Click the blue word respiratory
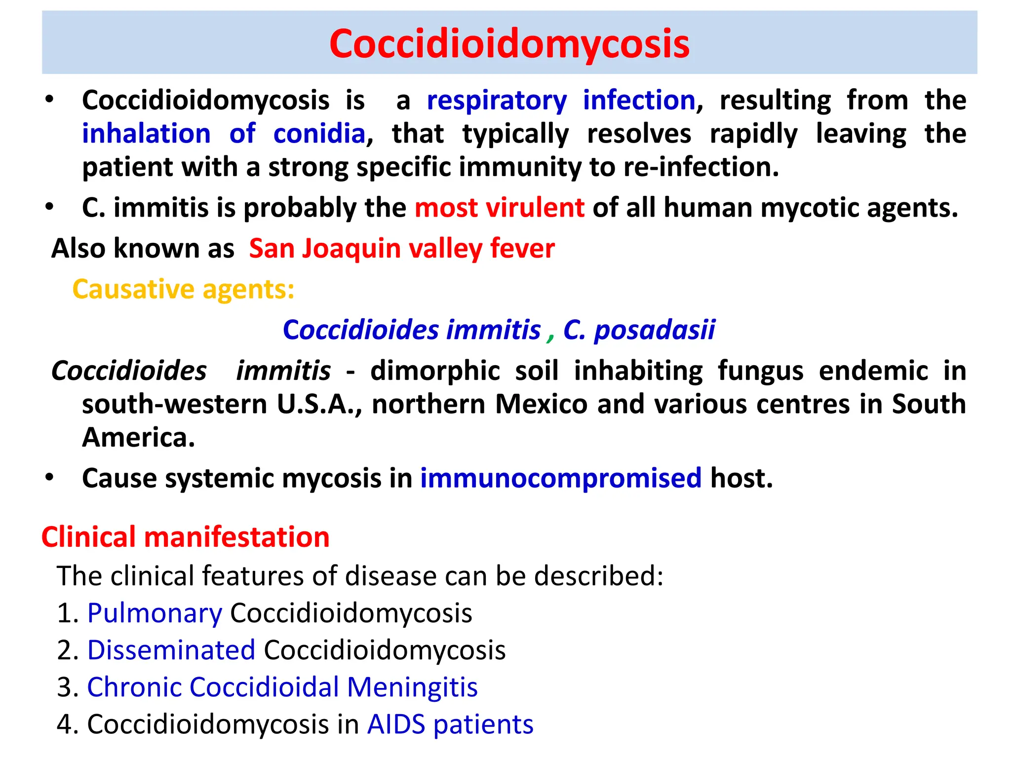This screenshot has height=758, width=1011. point(497,101)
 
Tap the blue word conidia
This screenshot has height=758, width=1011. point(319,134)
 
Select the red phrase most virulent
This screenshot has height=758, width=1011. point(499,208)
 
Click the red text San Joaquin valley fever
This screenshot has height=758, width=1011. point(402,249)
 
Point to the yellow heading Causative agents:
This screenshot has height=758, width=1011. point(183,289)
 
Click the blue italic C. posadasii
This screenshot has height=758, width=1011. point(639,330)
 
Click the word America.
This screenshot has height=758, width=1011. point(138,438)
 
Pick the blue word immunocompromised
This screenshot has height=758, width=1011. point(560,478)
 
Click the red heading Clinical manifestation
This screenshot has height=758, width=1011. point(185,537)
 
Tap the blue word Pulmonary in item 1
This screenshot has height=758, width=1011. point(155,613)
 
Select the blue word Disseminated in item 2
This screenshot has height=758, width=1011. point(171,650)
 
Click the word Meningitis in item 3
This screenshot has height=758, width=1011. point(412,687)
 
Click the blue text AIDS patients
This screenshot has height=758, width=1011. point(450,724)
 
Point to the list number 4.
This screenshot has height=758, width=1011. point(66,724)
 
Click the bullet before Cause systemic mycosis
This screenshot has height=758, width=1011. point(49,478)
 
